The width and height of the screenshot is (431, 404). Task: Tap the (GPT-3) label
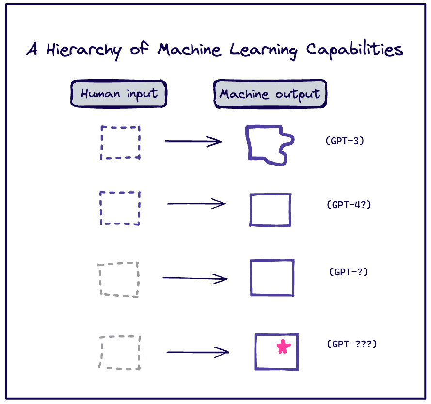[345, 141]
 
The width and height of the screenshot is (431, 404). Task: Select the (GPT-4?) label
[349, 204]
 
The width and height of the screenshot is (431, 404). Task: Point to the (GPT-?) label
[348, 272]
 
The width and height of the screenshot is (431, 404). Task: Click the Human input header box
[119, 94]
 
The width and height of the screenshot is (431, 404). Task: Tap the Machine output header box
[270, 94]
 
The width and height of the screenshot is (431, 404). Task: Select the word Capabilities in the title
[354, 50]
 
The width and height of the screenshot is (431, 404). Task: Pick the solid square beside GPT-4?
[271, 209]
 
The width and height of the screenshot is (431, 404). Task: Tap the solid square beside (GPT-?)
[272, 278]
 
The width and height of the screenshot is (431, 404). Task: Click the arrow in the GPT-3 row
[193, 141]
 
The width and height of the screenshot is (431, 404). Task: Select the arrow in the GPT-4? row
[196, 204]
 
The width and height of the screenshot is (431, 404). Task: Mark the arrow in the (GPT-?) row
[195, 278]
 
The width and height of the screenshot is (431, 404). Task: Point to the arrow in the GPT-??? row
[197, 352]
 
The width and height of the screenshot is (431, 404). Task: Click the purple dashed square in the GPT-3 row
[120, 142]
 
